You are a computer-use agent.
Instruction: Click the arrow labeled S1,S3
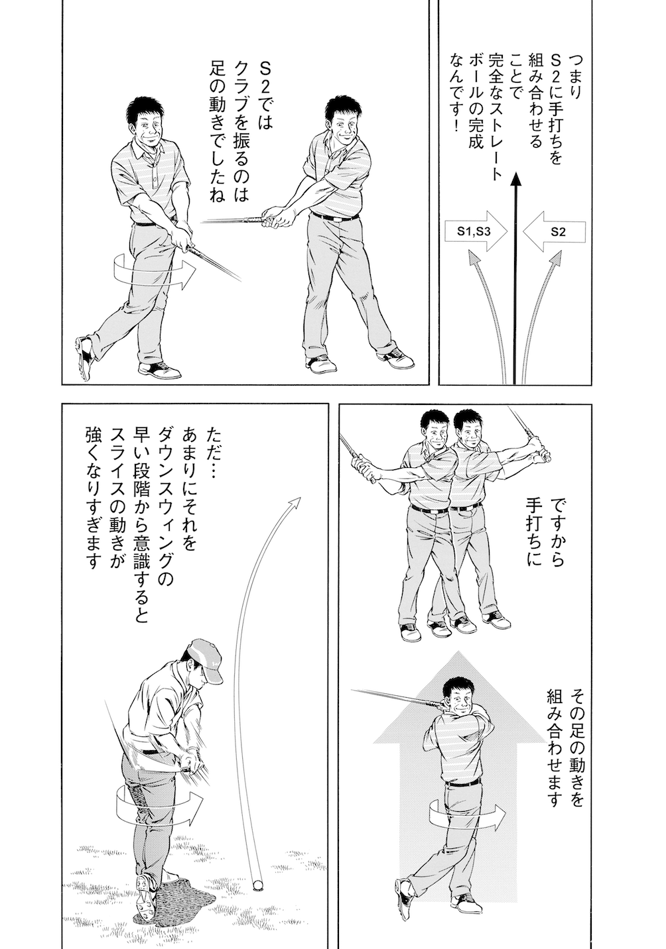473,231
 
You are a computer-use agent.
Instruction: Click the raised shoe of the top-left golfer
83,358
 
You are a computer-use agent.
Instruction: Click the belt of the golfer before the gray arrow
462,783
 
